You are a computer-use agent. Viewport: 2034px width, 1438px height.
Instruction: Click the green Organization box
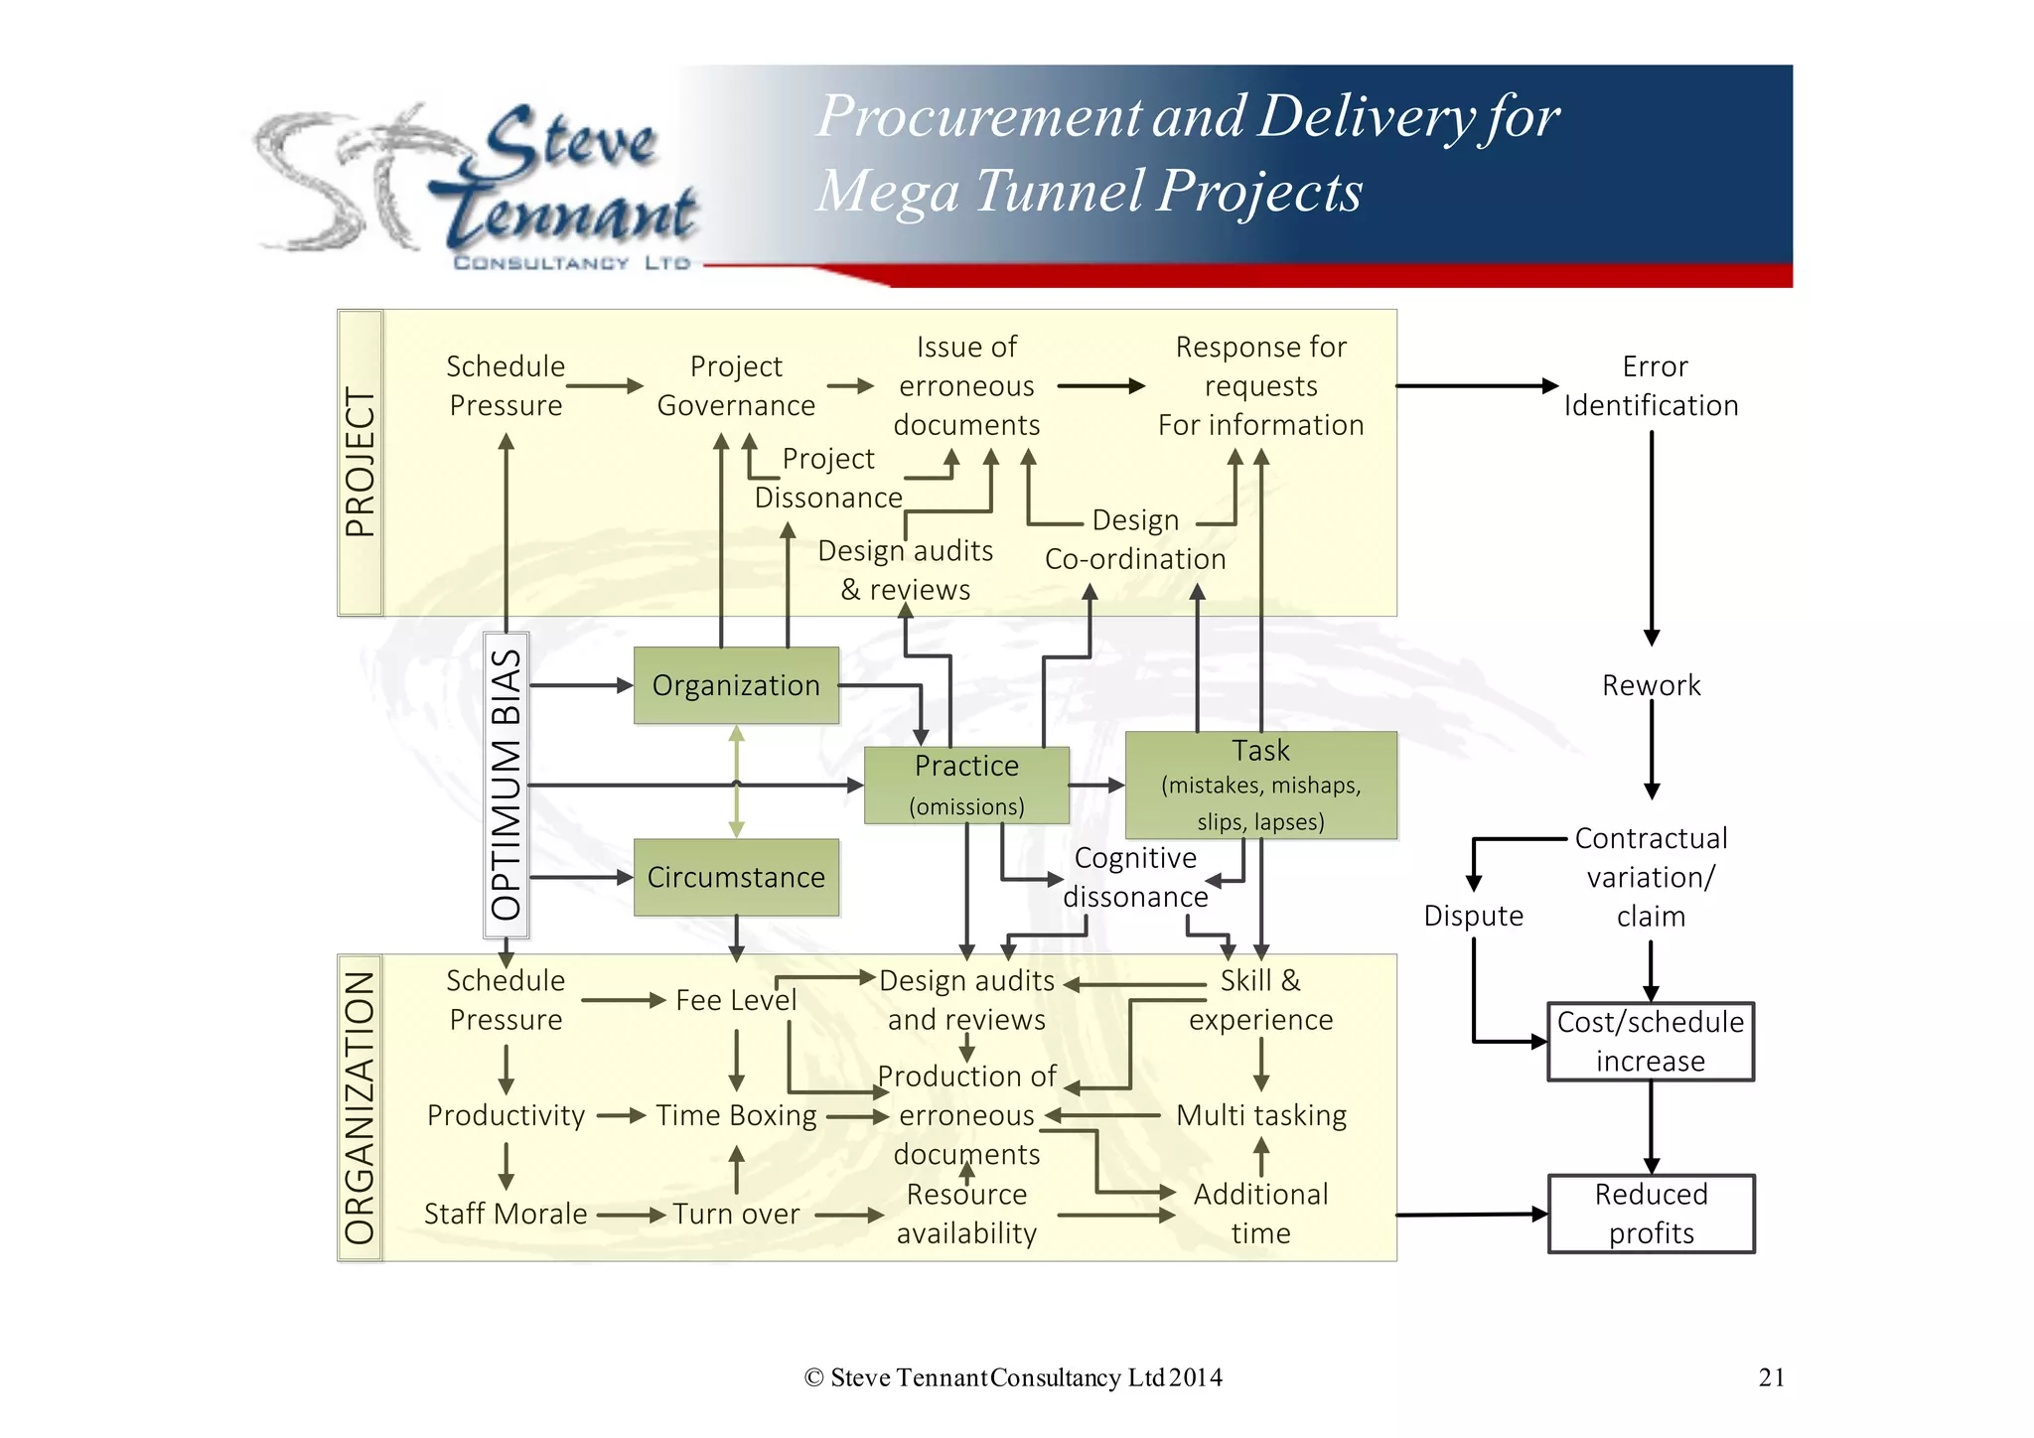tap(736, 685)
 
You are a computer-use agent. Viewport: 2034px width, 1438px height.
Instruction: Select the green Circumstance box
tap(736, 877)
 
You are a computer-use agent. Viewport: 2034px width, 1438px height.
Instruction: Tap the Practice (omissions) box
tap(966, 785)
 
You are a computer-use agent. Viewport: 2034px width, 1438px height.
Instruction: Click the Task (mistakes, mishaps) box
tap(1260, 785)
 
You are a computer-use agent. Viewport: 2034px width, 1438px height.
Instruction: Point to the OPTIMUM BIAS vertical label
tap(507, 785)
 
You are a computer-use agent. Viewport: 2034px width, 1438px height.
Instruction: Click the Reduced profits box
tap(1651, 1214)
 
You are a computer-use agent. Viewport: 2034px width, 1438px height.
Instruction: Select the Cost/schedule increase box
tap(1651, 1041)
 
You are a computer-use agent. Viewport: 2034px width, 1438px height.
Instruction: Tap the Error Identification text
tap(1652, 385)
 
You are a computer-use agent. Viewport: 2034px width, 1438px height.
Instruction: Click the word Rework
tap(1651, 685)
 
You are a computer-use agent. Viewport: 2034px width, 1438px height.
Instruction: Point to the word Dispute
tap(1473, 916)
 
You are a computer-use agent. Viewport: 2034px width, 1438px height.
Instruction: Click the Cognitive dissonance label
tap(1135, 877)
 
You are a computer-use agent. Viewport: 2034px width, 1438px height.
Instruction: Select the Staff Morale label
tap(506, 1214)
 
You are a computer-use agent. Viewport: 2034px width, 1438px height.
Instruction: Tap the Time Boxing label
tap(736, 1115)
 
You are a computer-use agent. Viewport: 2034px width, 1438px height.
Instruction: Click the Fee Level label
tap(736, 1000)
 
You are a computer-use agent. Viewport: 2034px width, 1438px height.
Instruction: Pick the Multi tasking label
tap(1260, 1115)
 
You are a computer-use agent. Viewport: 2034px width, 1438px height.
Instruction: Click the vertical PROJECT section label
tap(361, 463)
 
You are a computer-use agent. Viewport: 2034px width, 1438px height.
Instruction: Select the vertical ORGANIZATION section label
tap(360, 1107)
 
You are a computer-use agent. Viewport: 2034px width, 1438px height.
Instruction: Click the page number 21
tap(1771, 1377)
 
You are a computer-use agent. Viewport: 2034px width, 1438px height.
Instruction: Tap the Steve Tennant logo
tap(477, 184)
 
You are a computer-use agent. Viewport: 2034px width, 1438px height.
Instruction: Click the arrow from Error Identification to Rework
tap(1652, 536)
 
